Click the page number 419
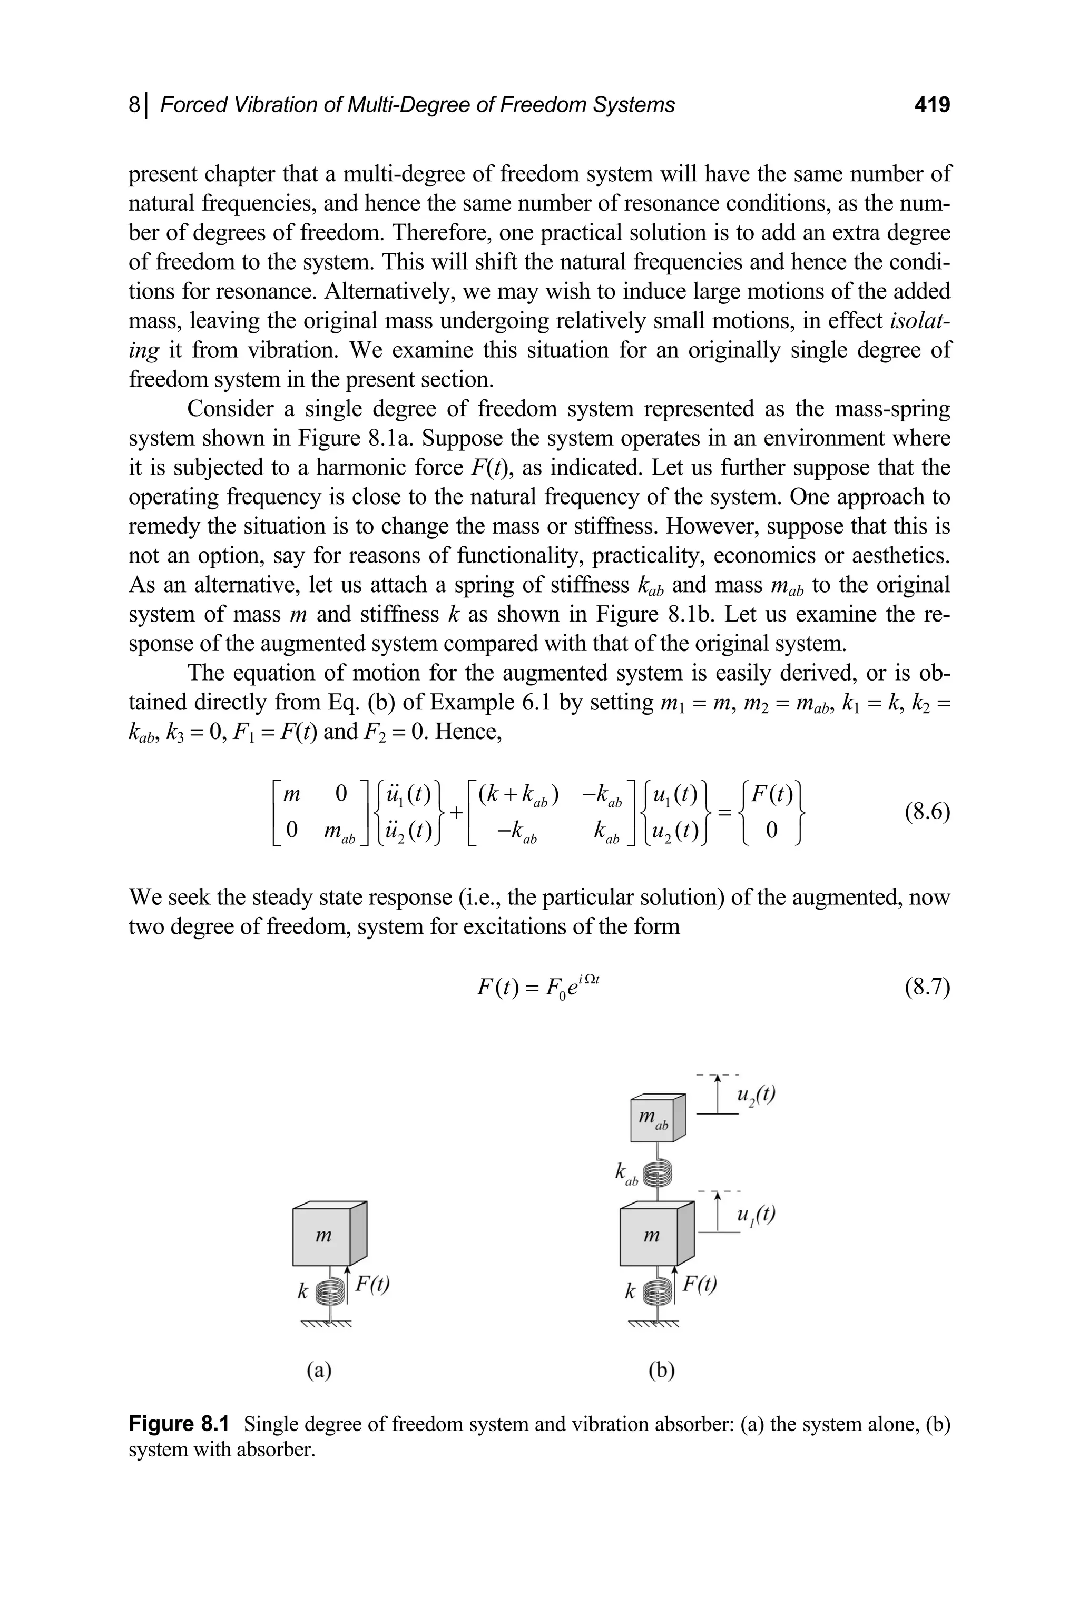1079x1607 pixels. point(931,105)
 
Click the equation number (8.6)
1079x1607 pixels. point(926,812)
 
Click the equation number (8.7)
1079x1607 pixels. point(926,989)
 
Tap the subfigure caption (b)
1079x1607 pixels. point(661,1371)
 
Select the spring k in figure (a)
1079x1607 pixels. point(330,1293)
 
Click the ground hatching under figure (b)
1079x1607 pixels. point(654,1324)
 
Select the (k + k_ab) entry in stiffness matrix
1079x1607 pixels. point(519,795)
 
